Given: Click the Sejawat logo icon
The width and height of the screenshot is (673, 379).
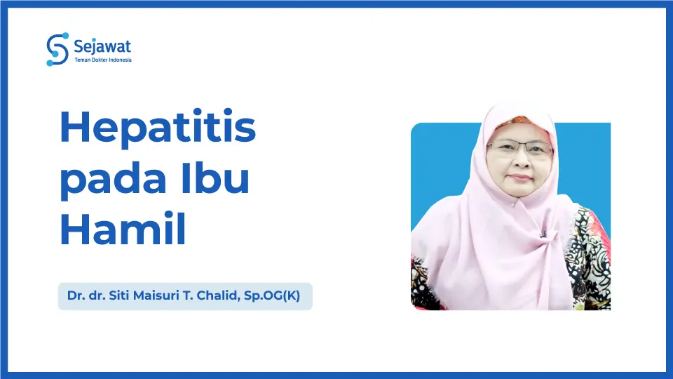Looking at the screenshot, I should (57, 49).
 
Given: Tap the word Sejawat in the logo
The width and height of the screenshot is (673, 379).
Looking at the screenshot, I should (102, 46).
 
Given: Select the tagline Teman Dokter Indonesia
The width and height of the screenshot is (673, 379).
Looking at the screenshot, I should (102, 60).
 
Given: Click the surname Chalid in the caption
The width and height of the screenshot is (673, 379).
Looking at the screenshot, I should (213, 296).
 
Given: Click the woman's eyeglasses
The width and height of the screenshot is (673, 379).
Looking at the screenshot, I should (519, 148).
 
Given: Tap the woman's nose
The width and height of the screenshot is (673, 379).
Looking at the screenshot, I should (519, 160).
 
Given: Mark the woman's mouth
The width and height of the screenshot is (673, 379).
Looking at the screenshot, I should (519, 177).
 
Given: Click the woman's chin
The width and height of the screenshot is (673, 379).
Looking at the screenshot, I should (519, 192).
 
